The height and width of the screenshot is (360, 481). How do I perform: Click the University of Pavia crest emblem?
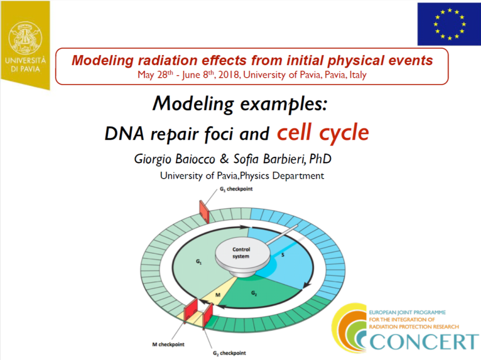tap(25, 38)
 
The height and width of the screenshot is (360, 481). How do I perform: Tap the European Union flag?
tap(449, 24)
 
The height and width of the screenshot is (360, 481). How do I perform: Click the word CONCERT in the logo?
tap(424, 341)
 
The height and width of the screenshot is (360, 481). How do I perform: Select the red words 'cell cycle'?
tap(323, 133)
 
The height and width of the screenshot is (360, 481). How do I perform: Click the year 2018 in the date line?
tap(228, 75)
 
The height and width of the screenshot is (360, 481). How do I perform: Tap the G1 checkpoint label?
tap(236, 189)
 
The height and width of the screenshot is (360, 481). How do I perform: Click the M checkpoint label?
tap(168, 344)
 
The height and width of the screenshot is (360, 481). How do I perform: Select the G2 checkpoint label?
tap(229, 353)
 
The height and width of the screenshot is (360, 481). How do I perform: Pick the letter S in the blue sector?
tap(283, 255)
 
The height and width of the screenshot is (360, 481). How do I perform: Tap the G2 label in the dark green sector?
tap(254, 293)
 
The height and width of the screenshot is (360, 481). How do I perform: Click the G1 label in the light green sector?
tap(199, 262)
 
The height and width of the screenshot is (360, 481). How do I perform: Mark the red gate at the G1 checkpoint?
tap(204, 212)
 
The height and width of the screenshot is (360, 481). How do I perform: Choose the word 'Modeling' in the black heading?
tap(193, 104)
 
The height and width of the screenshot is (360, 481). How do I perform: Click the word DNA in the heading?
tap(124, 134)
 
